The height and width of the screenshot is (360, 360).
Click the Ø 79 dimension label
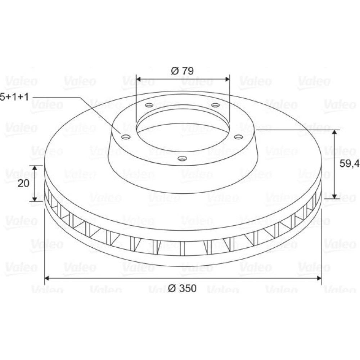tap(182, 71)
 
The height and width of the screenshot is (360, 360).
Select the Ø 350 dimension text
tap(182, 288)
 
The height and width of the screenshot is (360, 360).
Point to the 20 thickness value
tap(23, 184)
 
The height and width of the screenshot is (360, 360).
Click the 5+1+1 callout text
tap(14, 97)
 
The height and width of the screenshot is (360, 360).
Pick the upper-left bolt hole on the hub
tap(149, 105)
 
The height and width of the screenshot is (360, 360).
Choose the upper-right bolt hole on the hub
tap(215, 105)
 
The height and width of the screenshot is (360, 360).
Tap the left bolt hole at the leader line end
tap(126, 137)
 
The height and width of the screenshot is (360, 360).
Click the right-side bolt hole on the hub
tap(239, 137)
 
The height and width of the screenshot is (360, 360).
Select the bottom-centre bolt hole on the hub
tap(182, 158)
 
